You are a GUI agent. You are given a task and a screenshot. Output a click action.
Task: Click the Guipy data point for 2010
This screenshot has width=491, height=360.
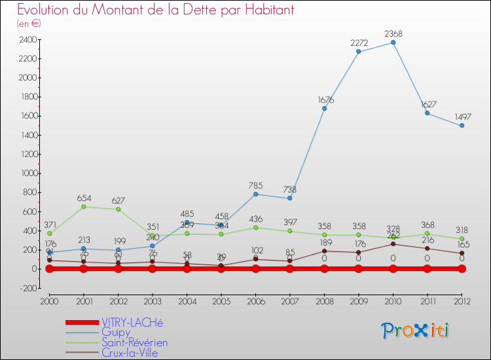tap(393, 43)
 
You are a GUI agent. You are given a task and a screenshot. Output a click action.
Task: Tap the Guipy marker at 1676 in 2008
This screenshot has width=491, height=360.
tap(324, 109)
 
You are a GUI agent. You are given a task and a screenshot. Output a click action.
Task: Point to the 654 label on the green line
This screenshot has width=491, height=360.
tap(83, 198)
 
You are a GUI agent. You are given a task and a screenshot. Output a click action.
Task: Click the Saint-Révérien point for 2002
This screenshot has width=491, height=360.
tap(118, 209)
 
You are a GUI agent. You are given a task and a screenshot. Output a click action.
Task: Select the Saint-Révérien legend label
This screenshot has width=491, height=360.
tap(134, 342)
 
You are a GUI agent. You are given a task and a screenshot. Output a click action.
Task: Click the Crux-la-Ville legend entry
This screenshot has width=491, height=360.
tap(130, 353)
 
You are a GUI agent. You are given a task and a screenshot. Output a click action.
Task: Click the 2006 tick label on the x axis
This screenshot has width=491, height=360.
tap(255, 300)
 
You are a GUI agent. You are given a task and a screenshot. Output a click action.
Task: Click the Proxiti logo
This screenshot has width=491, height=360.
tap(416, 331)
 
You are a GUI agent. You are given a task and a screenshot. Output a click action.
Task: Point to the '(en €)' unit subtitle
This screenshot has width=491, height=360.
tap(29, 24)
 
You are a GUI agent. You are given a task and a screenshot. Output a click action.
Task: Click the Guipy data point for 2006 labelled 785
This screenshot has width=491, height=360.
tap(255, 194)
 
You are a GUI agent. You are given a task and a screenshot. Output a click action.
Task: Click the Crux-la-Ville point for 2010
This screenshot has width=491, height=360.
tap(393, 244)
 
